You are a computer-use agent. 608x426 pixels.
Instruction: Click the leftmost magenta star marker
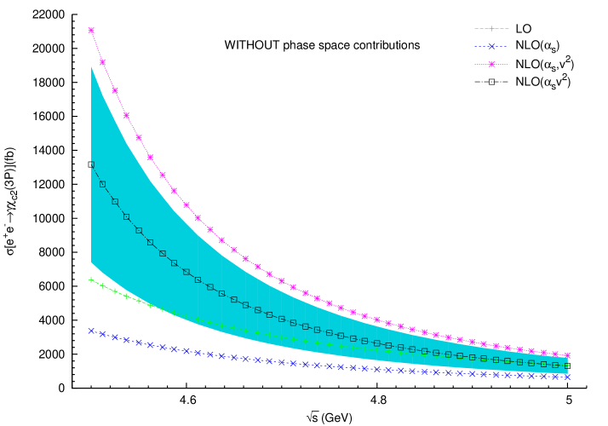tap(91, 31)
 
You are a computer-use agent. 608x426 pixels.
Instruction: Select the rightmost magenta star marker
tap(567, 355)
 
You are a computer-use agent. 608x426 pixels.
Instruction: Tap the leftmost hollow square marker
tap(91, 164)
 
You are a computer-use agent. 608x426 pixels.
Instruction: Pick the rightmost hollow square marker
tap(567, 366)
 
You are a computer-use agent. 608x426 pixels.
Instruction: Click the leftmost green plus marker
tap(91, 279)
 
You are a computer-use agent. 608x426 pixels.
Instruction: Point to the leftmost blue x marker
tap(91, 331)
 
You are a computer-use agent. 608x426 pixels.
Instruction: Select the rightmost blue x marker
tap(567, 377)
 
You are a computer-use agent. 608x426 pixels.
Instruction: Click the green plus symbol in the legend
tap(491, 29)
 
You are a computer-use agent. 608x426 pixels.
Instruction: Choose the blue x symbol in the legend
tap(491, 47)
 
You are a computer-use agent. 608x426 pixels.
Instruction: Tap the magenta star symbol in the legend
tap(491, 65)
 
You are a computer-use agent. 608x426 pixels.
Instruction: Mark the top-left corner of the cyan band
tap(91, 66)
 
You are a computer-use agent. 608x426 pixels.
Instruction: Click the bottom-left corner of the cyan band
tap(91, 262)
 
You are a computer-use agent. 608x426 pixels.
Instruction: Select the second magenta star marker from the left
tap(103, 62)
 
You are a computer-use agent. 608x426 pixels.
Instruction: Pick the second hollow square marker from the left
tap(103, 184)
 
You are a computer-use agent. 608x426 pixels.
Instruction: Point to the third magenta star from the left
tap(115, 90)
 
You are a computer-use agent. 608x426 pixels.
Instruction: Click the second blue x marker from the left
tap(103, 334)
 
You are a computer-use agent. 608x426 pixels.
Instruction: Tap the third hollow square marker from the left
tap(115, 202)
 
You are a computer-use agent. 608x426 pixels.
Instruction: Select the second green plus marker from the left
tap(103, 285)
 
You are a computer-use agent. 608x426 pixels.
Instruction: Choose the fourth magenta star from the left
tap(127, 115)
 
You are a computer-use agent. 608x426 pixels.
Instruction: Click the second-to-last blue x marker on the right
tap(555, 376)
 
